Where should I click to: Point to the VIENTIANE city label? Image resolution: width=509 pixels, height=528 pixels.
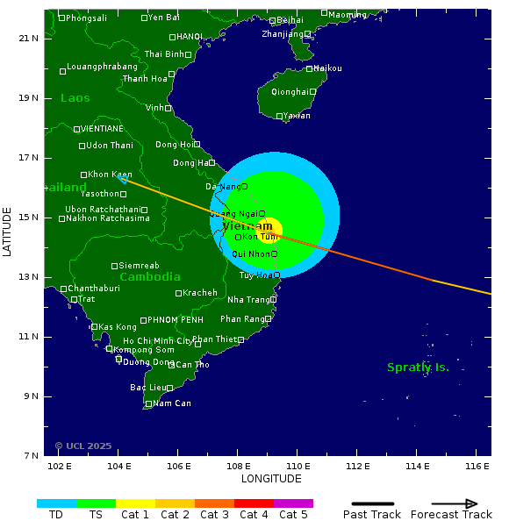coord(102,129)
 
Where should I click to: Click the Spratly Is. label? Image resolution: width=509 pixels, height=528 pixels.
coord(418,367)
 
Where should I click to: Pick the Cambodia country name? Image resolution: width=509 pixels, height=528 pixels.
coord(150,277)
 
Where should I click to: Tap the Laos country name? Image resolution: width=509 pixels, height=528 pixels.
coord(75,98)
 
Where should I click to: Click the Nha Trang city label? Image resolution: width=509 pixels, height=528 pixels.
coord(248,300)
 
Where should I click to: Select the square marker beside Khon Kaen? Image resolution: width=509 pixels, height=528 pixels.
coord(84,175)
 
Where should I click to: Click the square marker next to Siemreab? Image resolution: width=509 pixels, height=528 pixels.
coord(114,266)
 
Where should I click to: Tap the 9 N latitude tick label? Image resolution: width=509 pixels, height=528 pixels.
coord(30,396)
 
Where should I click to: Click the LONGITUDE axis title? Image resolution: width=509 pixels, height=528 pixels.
coord(271,479)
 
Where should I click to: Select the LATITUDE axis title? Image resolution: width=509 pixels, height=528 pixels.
coord(8,232)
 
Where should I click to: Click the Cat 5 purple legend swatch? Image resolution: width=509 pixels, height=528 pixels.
coord(293,503)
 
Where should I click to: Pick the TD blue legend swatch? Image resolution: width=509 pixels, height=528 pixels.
coord(56,503)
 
